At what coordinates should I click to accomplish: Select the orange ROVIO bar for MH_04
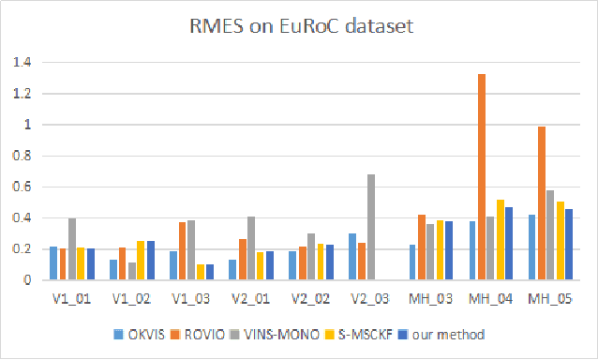tap(481, 176)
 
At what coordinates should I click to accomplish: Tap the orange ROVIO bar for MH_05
tap(541, 202)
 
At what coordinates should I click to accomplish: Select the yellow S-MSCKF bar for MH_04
tap(501, 239)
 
